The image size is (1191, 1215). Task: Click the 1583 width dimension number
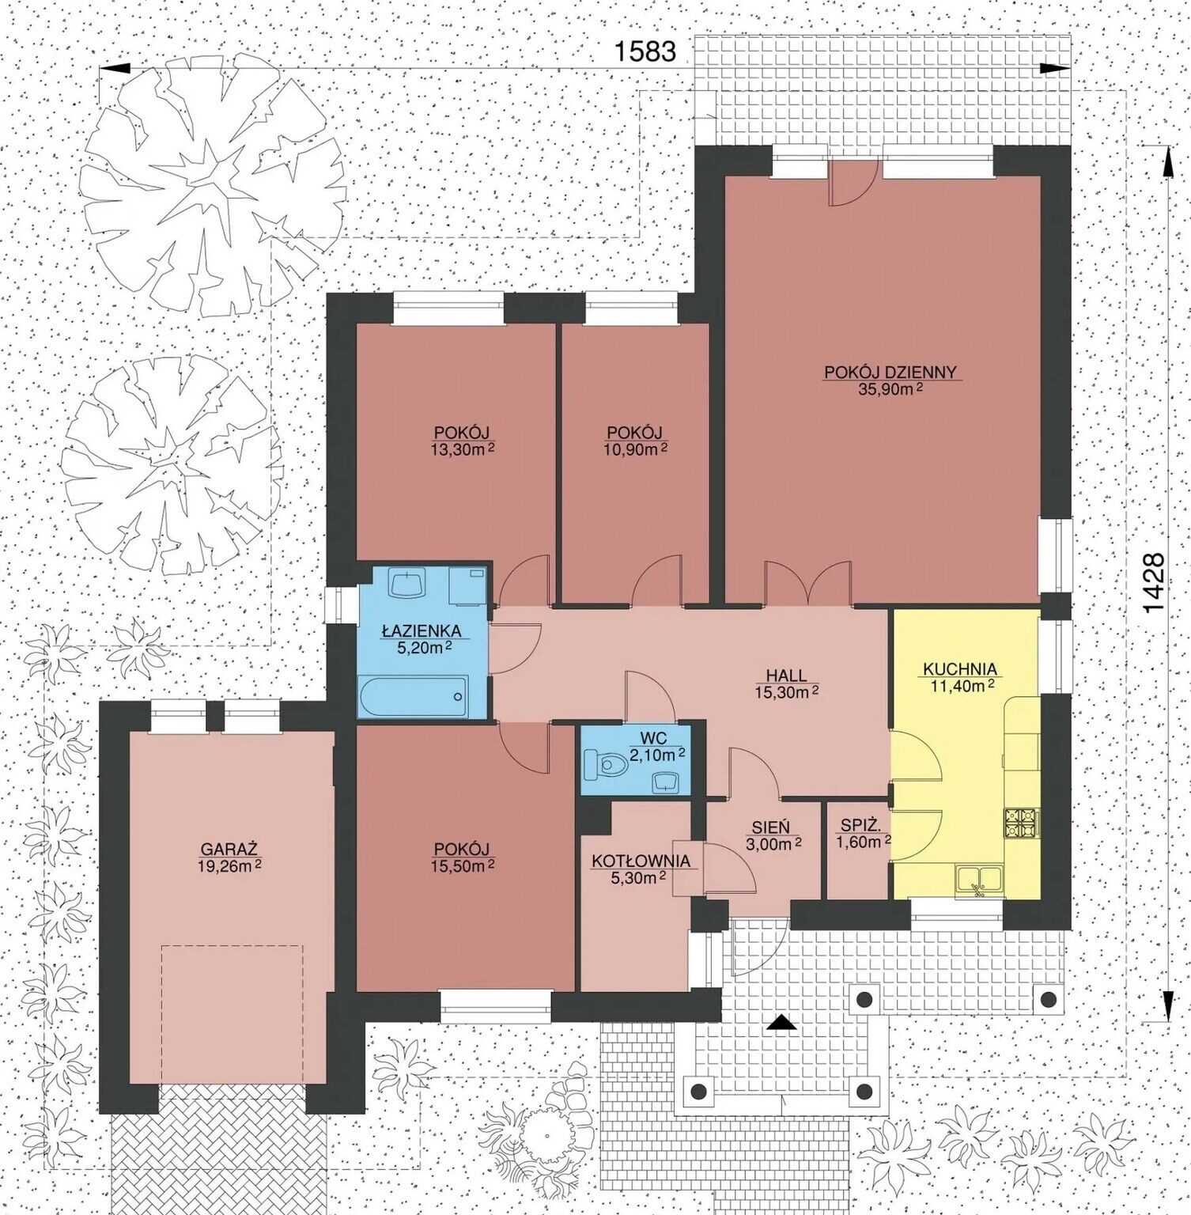pyautogui.click(x=645, y=51)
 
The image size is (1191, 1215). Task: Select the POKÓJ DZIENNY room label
pyautogui.click(x=890, y=372)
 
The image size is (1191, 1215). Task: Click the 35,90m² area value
pyautogui.click(x=890, y=389)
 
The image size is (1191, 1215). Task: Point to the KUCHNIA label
pyautogui.click(x=960, y=669)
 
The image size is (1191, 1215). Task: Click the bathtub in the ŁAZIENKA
pyautogui.click(x=412, y=696)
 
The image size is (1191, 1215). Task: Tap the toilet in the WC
pyautogui.click(x=606, y=764)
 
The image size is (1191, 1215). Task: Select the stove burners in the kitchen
pyautogui.click(x=1020, y=823)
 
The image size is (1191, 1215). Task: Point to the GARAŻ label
pyautogui.click(x=229, y=850)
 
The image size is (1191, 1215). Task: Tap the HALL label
pyautogui.click(x=786, y=676)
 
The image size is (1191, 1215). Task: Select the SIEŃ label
pyautogui.click(x=770, y=827)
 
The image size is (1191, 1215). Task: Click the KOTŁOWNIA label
pyautogui.click(x=641, y=861)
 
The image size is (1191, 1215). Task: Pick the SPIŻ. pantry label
pyautogui.click(x=857, y=826)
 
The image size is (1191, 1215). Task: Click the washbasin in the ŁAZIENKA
pyautogui.click(x=407, y=584)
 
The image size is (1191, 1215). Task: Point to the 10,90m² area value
pyautogui.click(x=635, y=449)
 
